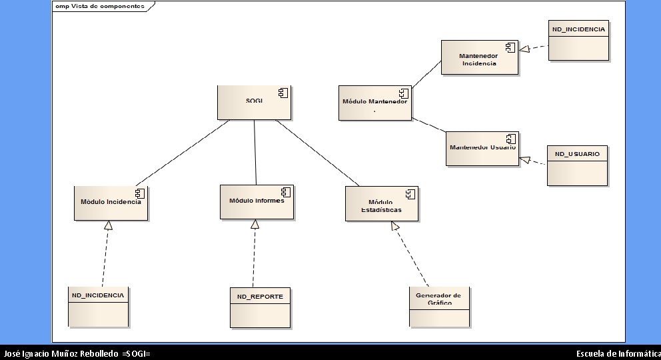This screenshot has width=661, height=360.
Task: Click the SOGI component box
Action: click(x=254, y=102)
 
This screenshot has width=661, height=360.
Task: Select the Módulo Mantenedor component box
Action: click(x=374, y=103)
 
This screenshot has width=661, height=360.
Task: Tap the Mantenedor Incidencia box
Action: click(x=479, y=57)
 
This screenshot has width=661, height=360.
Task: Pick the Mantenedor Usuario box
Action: click(x=481, y=148)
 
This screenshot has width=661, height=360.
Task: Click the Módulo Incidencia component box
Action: click(x=111, y=203)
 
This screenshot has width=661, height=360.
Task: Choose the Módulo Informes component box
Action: click(x=257, y=201)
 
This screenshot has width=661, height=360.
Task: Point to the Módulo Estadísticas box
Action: click(x=382, y=203)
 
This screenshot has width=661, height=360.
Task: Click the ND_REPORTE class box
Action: click(x=260, y=308)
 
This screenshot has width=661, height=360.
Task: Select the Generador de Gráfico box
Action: click(x=438, y=307)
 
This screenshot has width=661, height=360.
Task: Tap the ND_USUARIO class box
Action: click(x=577, y=165)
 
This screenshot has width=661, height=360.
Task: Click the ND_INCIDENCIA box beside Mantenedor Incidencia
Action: click(x=578, y=41)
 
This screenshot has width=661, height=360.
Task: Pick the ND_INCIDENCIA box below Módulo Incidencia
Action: click(x=98, y=307)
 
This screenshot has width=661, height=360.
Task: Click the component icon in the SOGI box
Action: click(x=282, y=93)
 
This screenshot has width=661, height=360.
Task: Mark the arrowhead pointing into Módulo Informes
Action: click(x=255, y=224)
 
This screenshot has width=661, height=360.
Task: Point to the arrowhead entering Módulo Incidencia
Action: click(x=108, y=225)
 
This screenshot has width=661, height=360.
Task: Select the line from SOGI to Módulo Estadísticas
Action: click(x=317, y=153)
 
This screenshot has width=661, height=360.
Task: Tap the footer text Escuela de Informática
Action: click(x=618, y=353)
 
